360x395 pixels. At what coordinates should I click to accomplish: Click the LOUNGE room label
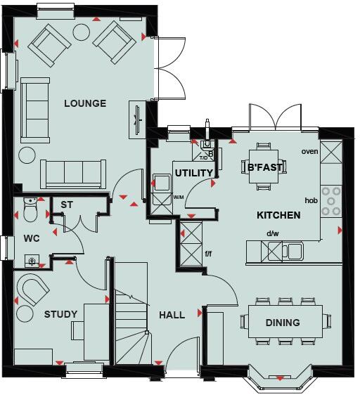[85, 104]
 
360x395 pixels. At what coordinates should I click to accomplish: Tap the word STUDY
[61, 314]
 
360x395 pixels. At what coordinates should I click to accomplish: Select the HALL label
[172, 315]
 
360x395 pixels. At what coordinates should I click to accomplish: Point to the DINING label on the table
[283, 323]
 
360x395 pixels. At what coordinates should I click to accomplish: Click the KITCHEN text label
[278, 215]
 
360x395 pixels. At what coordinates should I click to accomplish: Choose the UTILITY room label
[194, 173]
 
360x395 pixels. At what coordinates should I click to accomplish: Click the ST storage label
[67, 205]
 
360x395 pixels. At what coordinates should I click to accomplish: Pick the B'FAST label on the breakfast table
[264, 168]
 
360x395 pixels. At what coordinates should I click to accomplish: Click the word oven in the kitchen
[309, 151]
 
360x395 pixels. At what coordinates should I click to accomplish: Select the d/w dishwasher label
[273, 234]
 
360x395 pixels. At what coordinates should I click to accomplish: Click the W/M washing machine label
[179, 197]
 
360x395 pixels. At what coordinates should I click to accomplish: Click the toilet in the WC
[30, 207]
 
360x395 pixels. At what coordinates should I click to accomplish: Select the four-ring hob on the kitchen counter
[331, 200]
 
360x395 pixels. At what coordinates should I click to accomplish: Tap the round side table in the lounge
[27, 155]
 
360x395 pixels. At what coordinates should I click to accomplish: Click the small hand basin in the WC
[31, 262]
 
